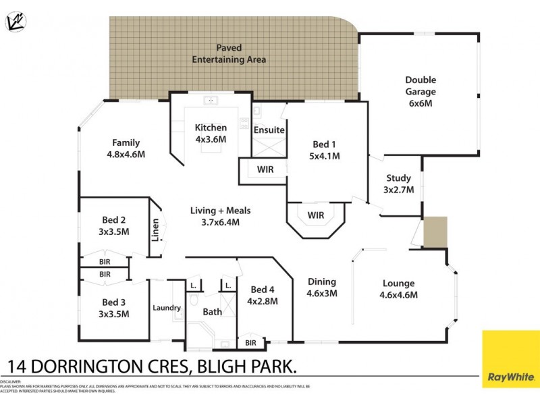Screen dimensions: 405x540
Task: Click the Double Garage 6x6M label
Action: (x=421, y=92)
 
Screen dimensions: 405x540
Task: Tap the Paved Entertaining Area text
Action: (x=229, y=54)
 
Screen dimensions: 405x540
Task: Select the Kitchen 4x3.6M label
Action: (x=211, y=133)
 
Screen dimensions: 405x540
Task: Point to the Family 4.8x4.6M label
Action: (x=126, y=148)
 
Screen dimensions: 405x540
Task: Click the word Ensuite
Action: (x=269, y=130)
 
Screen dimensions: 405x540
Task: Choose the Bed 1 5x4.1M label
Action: (x=324, y=150)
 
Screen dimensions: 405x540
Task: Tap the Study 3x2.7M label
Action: (x=398, y=184)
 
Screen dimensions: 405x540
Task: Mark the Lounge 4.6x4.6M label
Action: (x=398, y=288)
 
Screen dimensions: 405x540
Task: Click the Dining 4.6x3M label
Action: (x=322, y=287)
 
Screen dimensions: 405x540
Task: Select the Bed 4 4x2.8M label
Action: (x=263, y=296)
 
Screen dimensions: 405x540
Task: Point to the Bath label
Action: (x=213, y=312)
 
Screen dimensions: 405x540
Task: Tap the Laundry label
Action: (x=167, y=308)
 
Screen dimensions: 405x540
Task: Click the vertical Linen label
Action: (x=155, y=230)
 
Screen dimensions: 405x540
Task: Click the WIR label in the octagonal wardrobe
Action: (x=316, y=215)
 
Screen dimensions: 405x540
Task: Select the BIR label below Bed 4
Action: (x=251, y=343)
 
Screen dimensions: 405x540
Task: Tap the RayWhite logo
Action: (x=510, y=368)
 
